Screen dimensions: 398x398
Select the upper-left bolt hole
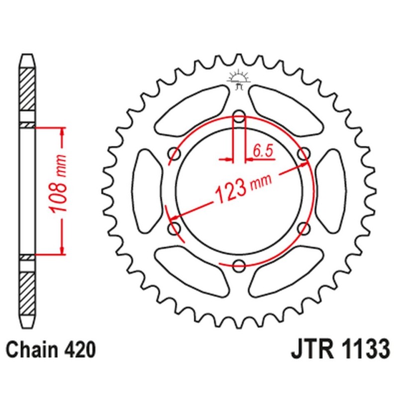pos(175,154)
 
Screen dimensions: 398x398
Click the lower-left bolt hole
pos(175,228)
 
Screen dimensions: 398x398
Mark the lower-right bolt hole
pos(303,228)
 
